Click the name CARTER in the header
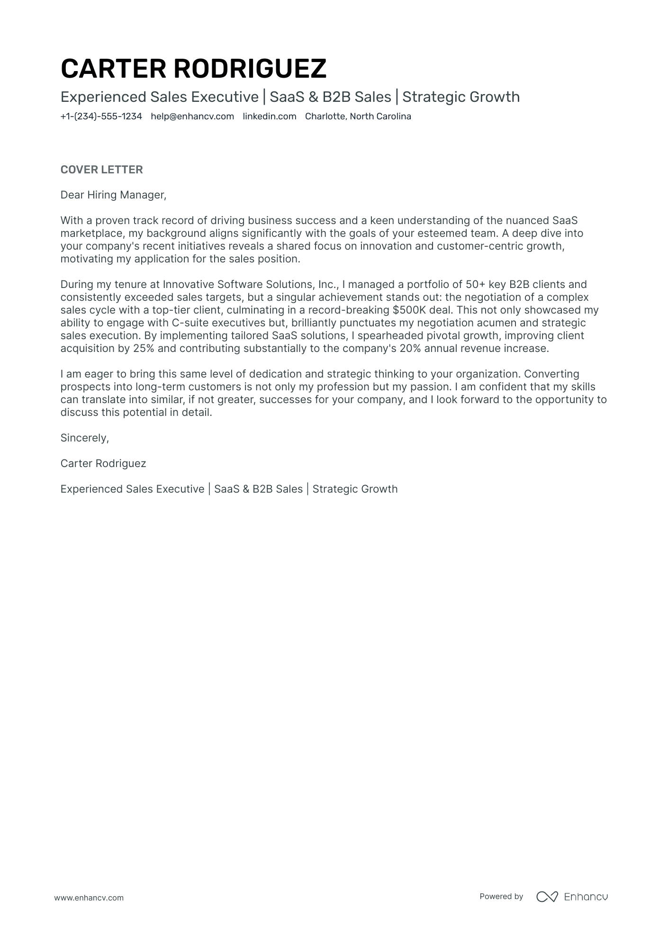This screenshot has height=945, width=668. point(113,69)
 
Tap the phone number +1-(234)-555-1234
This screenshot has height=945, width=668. point(101,117)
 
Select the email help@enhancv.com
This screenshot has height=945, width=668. point(192,117)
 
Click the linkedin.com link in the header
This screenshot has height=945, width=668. point(269,117)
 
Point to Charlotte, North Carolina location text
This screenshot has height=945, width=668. point(358,117)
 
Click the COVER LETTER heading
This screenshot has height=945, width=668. point(101,170)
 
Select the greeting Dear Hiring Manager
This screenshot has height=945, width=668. point(113,195)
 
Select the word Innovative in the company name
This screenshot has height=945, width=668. point(189,285)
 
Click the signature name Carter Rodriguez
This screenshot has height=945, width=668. point(103,464)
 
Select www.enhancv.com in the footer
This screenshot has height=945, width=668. point(89,898)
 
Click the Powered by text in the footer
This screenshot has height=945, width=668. point(501,896)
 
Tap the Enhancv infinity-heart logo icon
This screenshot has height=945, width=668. point(547,897)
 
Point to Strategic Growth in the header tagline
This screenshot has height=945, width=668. point(460,97)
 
